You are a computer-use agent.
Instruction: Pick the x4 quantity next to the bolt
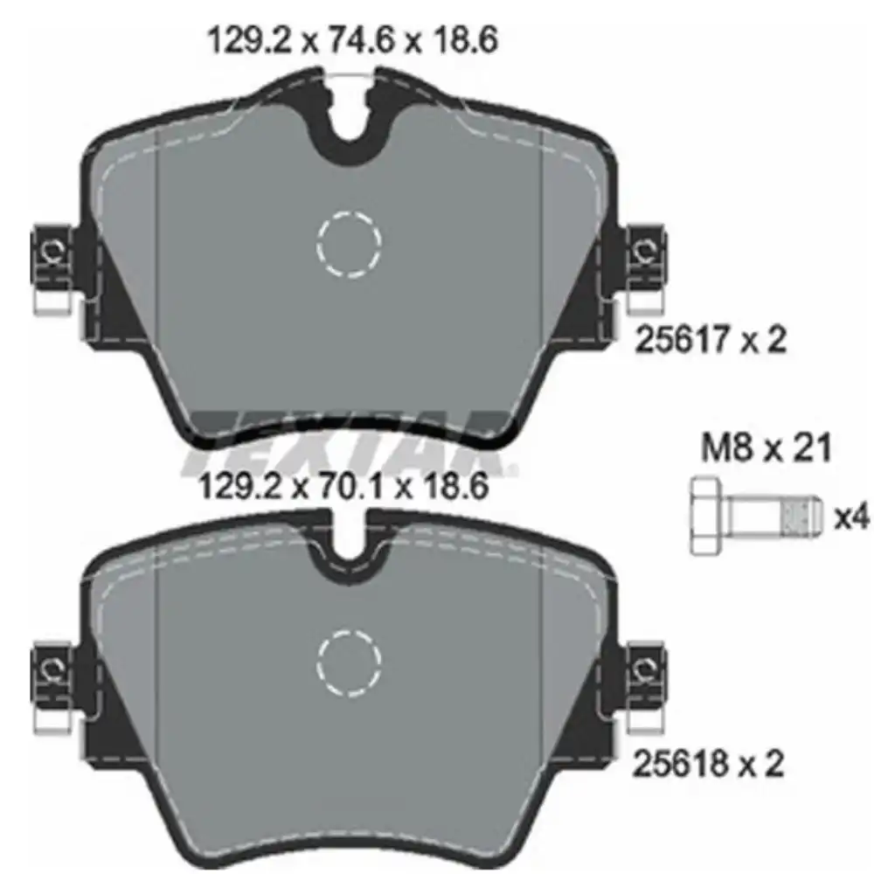pyautogui.click(x=852, y=517)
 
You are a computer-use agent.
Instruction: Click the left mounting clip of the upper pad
pyautogui.click(x=52, y=262)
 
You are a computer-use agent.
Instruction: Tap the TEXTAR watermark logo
pyautogui.click(x=350, y=441)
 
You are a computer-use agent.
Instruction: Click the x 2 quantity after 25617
pyautogui.click(x=762, y=340)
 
